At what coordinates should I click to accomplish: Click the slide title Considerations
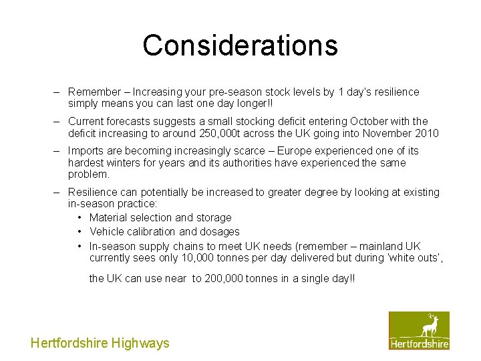[240, 45]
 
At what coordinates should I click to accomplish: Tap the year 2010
[426, 133]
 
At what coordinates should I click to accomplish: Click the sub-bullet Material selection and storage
[160, 217]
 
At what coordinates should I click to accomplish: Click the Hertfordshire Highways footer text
[100, 343]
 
